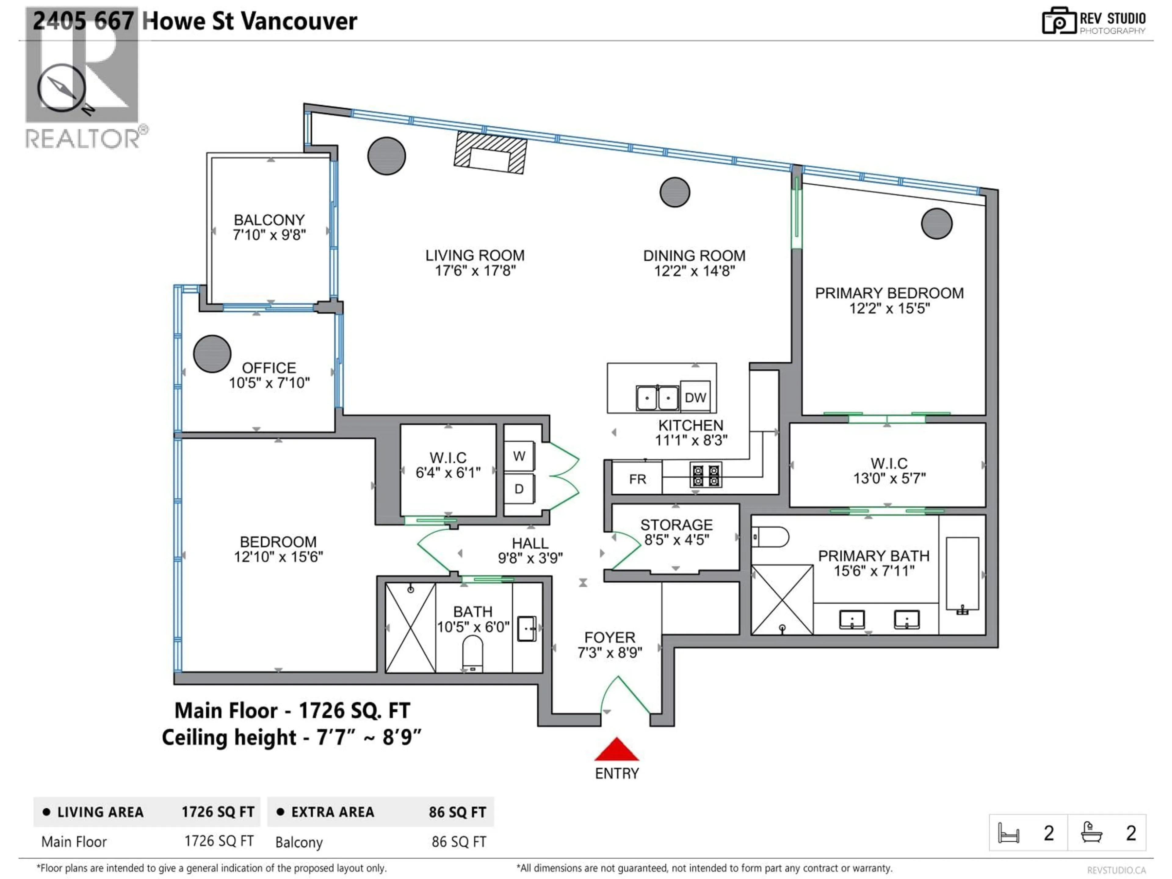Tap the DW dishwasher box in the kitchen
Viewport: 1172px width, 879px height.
coord(695,397)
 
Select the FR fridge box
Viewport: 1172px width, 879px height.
coord(637,479)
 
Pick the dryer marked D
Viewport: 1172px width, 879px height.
coord(519,489)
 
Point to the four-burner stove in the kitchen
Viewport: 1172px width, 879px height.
coord(706,475)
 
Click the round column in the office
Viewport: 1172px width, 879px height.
coord(212,353)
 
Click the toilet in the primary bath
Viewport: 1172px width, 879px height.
coord(770,537)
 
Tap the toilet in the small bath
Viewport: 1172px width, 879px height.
coord(472,653)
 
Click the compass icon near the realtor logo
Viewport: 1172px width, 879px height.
coord(61,88)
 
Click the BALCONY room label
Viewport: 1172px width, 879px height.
coord(269,220)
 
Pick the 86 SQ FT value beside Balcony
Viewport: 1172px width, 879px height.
coord(458,842)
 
